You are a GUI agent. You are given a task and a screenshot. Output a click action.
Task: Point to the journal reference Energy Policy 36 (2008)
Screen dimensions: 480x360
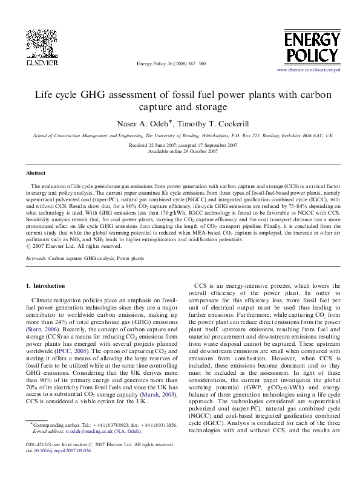172,63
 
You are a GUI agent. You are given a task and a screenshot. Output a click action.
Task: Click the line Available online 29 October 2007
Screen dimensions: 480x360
180,151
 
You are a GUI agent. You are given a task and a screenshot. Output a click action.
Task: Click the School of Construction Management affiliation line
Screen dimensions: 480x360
180,137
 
